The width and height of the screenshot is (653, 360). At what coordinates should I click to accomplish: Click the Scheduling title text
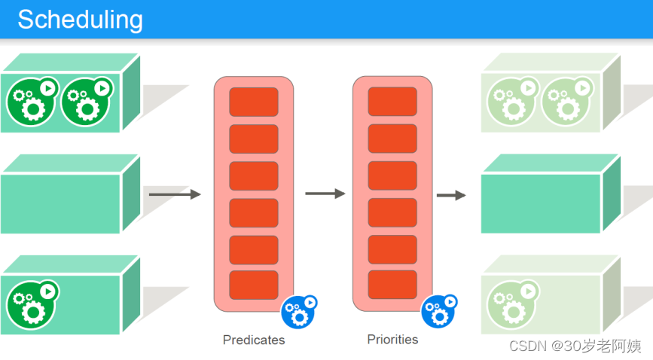(x=80, y=20)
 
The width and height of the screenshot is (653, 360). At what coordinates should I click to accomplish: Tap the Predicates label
(x=254, y=340)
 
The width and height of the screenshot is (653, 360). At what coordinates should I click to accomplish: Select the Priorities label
(x=392, y=339)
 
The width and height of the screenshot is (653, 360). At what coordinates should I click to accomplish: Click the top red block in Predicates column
(x=254, y=102)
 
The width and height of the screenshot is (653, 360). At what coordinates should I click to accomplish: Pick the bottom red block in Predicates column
(x=254, y=285)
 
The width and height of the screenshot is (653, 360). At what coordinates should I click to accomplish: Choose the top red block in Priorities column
(x=392, y=102)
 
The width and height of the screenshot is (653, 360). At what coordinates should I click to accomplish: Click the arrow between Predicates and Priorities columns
(x=325, y=194)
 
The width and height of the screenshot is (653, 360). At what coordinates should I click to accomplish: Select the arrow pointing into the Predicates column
(x=175, y=194)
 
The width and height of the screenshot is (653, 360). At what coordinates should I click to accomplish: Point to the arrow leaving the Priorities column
(x=450, y=195)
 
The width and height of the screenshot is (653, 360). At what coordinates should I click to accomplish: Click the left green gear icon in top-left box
(x=32, y=102)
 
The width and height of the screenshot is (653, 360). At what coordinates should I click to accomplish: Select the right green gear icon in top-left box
(x=86, y=102)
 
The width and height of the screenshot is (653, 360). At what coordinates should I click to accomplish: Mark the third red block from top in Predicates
(x=254, y=175)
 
